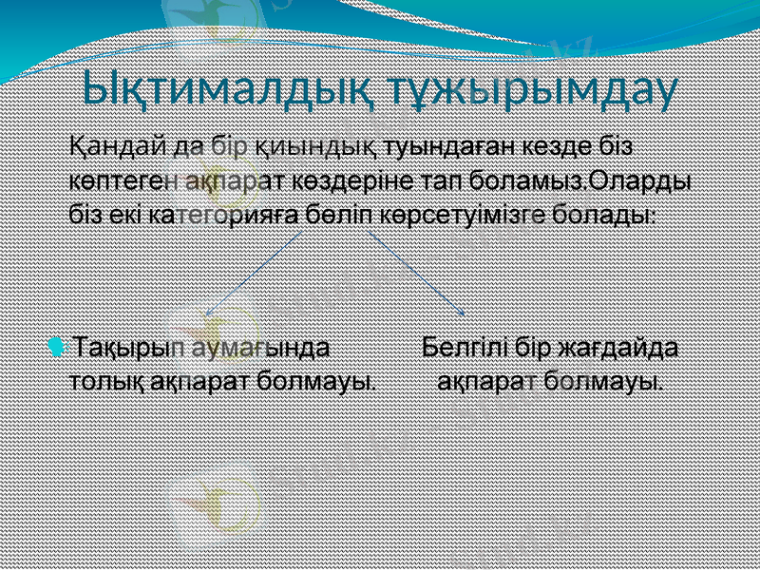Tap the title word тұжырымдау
tap(529, 89)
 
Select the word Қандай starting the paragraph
tap(110, 148)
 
